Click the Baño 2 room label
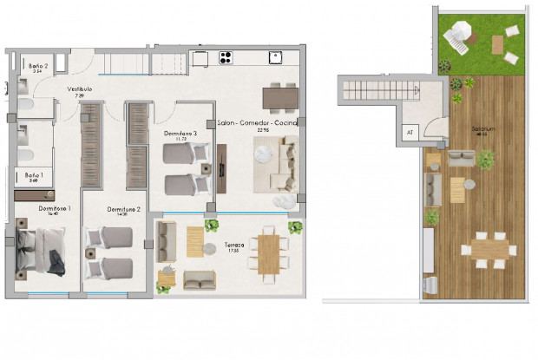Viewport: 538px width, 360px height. pyautogui.click(x=36, y=65)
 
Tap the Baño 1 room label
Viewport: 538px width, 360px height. pyautogui.click(x=32, y=175)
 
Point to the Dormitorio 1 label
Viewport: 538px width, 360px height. pyautogui.click(x=54, y=209)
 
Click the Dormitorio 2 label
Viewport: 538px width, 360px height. pyautogui.click(x=125, y=209)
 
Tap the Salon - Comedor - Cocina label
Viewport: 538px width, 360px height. pyautogui.click(x=258, y=123)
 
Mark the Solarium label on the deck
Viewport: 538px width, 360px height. pyautogui.click(x=484, y=130)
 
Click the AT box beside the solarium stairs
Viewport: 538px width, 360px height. pyautogui.click(x=410, y=133)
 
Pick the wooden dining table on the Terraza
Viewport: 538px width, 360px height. pyautogui.click(x=269, y=253)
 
